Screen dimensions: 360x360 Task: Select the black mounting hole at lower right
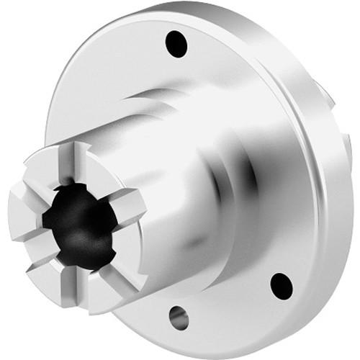(x=282, y=284)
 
